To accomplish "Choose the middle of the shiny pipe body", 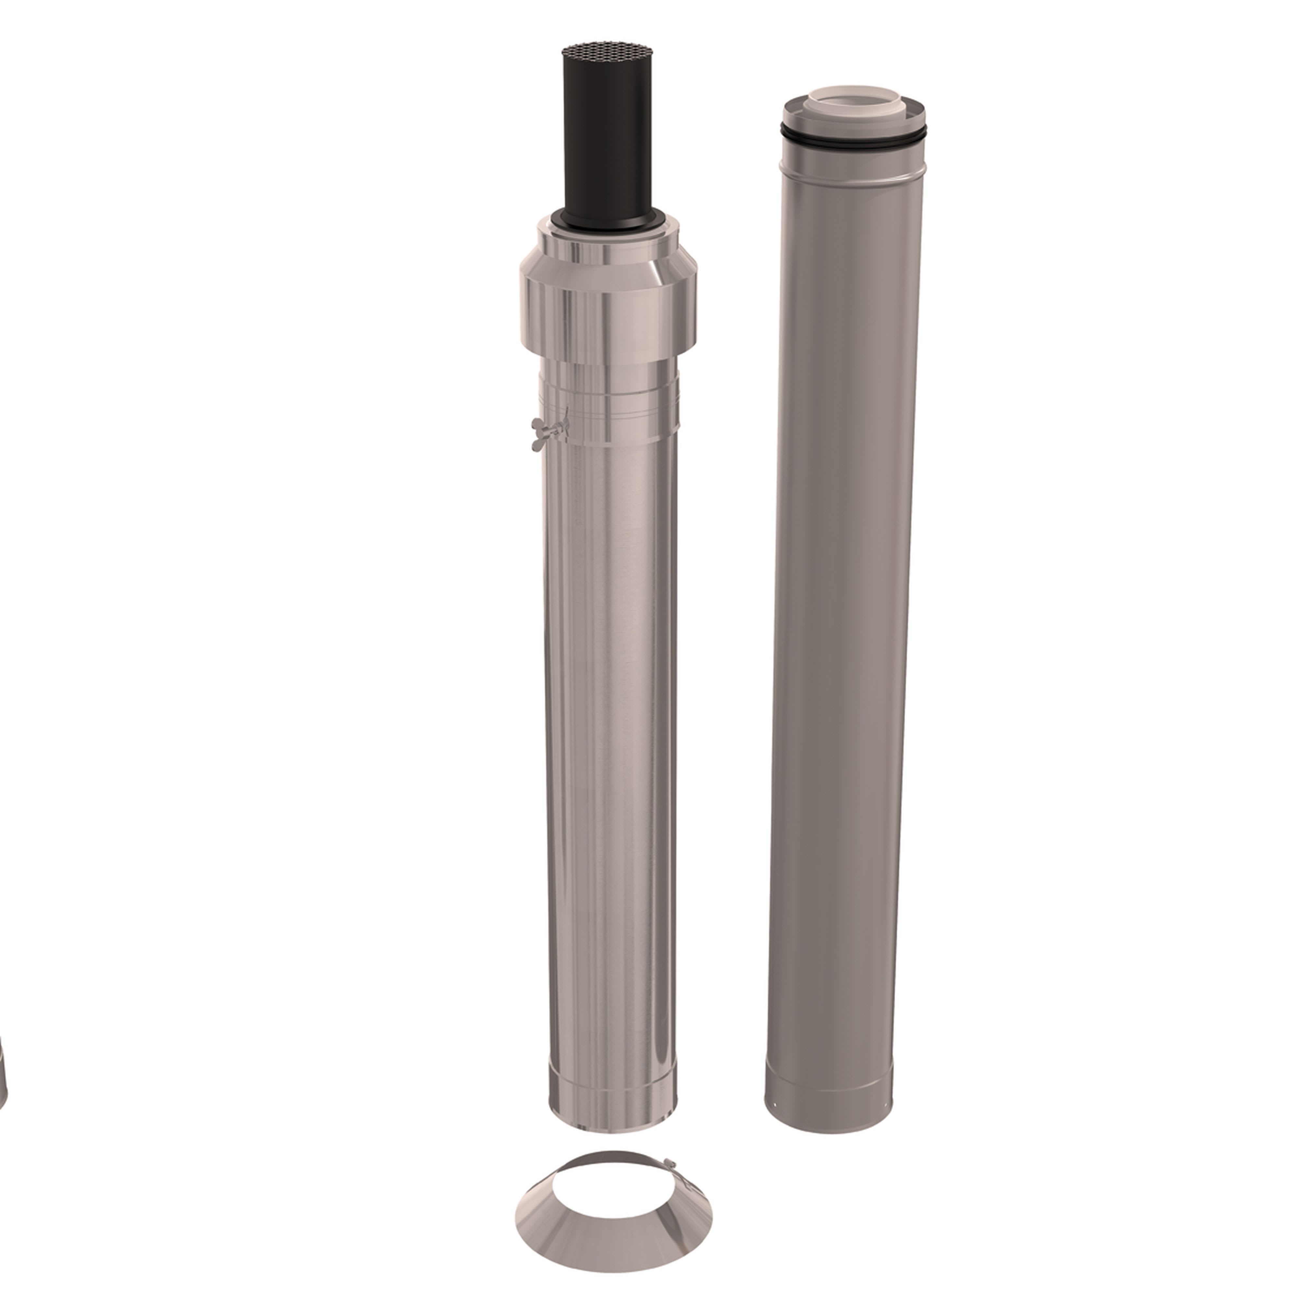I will (610, 742).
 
